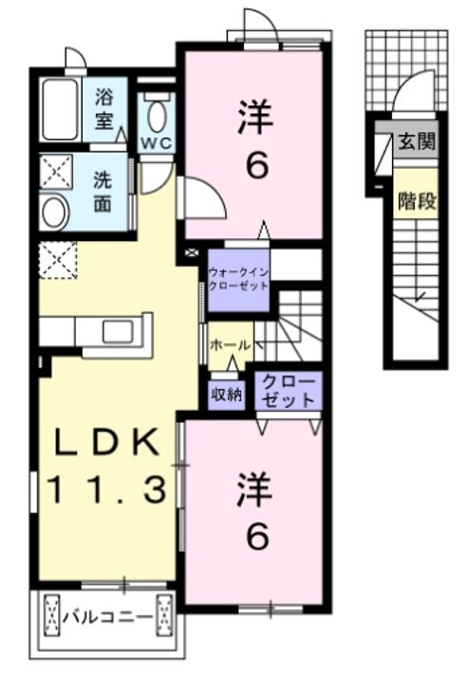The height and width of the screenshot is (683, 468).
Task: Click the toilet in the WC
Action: point(156,113)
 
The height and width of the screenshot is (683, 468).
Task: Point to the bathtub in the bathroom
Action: point(61,109)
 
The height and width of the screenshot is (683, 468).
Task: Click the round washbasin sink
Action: point(54,212)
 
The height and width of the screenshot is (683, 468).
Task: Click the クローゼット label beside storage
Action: point(287,391)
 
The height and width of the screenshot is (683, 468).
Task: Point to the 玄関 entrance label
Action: point(416,143)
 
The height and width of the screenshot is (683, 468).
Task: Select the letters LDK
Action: point(107,443)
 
